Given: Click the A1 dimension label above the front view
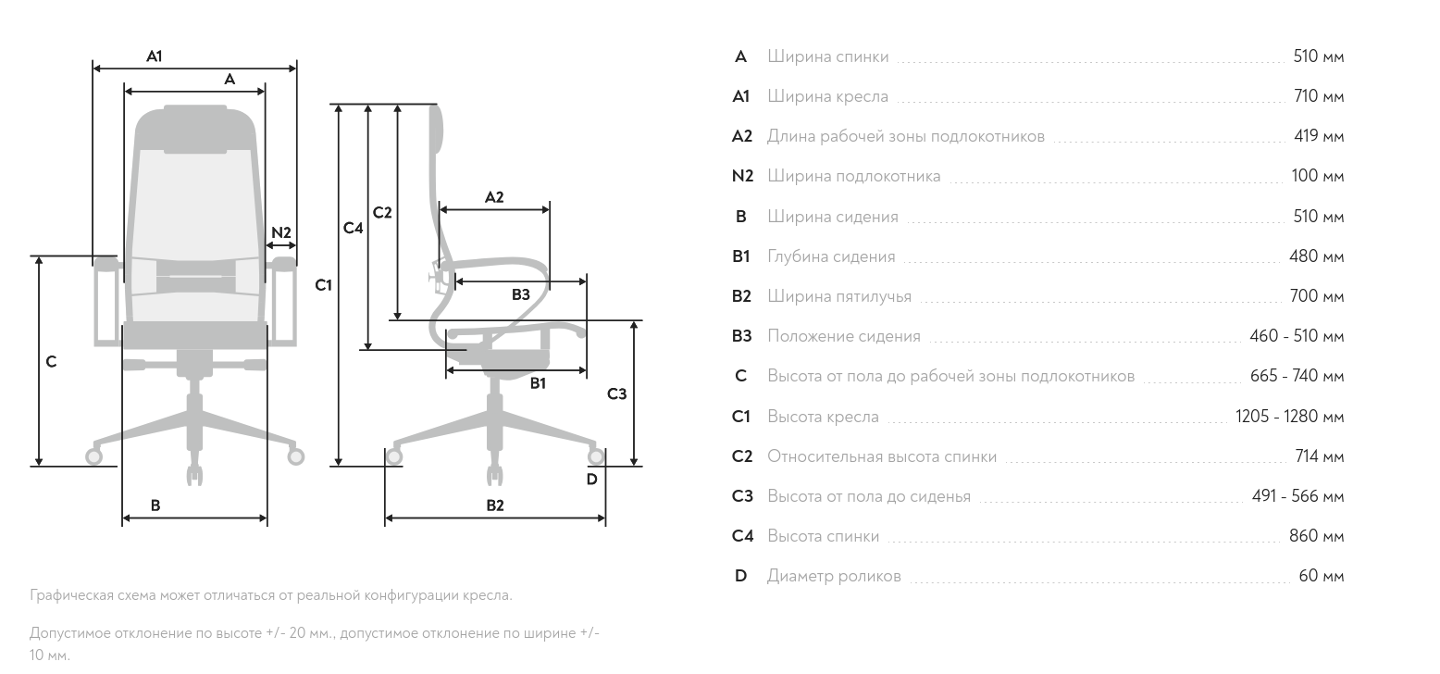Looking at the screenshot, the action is pyautogui.click(x=155, y=56).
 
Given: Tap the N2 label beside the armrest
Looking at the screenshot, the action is pyautogui.click(x=281, y=232).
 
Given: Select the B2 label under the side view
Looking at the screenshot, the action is pyautogui.click(x=495, y=505).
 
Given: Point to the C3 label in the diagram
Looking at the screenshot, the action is pyautogui.click(x=616, y=393).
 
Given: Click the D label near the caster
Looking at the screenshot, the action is pyautogui.click(x=592, y=480).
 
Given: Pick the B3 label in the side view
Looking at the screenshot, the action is pyautogui.click(x=521, y=294).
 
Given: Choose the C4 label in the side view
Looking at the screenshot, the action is pyautogui.click(x=353, y=228).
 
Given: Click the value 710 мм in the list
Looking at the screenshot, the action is pyautogui.click(x=1319, y=96).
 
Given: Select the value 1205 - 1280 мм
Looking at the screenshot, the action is pyautogui.click(x=1289, y=416).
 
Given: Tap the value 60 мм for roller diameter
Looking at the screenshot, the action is pyautogui.click(x=1322, y=576).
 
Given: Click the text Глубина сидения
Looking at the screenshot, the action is pyautogui.click(x=831, y=256).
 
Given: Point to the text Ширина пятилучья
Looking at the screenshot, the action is pyautogui.click(x=839, y=296).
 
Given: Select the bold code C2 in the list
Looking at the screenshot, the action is pyautogui.click(x=742, y=456).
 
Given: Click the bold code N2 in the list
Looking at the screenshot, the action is pyautogui.click(x=742, y=176).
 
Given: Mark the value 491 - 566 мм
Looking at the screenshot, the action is pyautogui.click(x=1297, y=496).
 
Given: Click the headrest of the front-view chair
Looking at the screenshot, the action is pyautogui.click(x=195, y=130).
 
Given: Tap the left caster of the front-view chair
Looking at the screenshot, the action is pyautogui.click(x=93, y=456).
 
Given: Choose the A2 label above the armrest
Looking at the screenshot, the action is pyautogui.click(x=493, y=197).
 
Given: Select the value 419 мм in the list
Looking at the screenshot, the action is pyautogui.click(x=1319, y=136).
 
